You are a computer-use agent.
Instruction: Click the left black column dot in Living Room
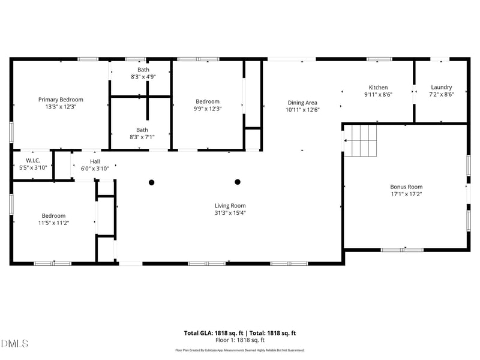pos(152,182)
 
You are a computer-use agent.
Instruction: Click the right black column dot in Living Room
pos(238,182)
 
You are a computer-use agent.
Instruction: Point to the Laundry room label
pos(441,87)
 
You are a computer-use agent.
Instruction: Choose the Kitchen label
pos(378,87)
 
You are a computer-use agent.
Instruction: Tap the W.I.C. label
pos(32,160)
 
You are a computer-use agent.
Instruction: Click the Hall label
pos(95,161)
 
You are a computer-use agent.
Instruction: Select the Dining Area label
pos(302,103)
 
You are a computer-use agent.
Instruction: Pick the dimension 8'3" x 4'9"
pos(142,77)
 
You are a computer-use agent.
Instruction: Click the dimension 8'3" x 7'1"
pos(142,137)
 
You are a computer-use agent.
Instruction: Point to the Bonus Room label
pos(406,187)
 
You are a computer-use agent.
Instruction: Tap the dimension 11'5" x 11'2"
pos(53,223)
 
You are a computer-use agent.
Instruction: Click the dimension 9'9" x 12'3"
pos(208,109)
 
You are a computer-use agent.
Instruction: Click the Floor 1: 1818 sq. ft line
pos(240,340)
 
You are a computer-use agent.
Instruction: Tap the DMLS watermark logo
pos(14,344)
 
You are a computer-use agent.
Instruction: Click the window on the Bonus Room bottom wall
pos(402,250)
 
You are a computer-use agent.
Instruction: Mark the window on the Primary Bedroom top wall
pos(88,59)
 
